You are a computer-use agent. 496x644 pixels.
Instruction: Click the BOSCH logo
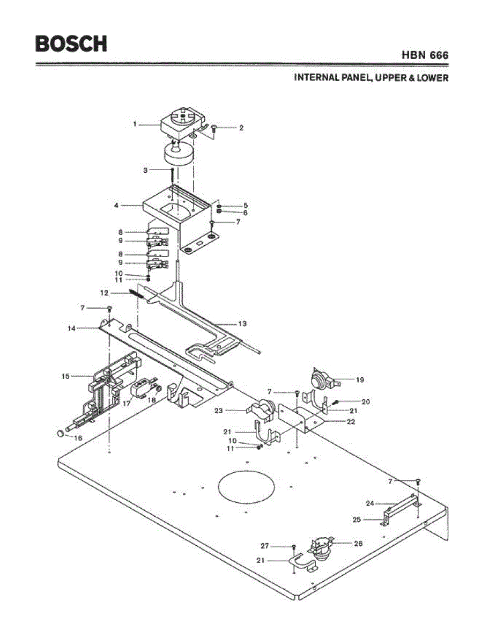(x=71, y=43)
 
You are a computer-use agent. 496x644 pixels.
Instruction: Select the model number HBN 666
(x=425, y=55)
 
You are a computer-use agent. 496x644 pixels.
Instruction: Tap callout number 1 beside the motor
(x=135, y=124)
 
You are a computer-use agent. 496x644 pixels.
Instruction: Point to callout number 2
(x=241, y=128)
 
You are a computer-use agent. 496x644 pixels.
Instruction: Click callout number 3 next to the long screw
(x=145, y=170)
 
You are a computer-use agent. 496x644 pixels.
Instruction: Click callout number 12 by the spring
(x=105, y=293)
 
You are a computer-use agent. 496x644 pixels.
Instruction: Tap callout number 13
(x=242, y=324)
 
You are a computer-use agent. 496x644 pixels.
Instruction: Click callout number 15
(x=65, y=376)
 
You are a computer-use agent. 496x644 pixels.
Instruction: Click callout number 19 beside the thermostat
(x=359, y=380)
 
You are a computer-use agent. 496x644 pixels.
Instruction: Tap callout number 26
(x=358, y=543)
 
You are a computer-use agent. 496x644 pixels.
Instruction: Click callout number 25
(x=357, y=519)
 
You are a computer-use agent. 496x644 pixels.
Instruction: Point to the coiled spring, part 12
(x=135, y=294)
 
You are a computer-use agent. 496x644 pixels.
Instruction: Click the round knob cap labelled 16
(x=62, y=433)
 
